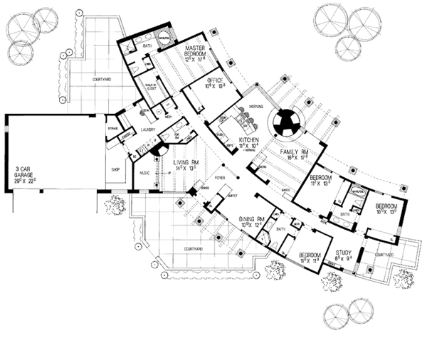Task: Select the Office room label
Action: [x=215, y=82]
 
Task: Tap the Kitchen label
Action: [x=248, y=139]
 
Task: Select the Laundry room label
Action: [x=148, y=130]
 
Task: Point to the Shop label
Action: [x=115, y=169]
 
